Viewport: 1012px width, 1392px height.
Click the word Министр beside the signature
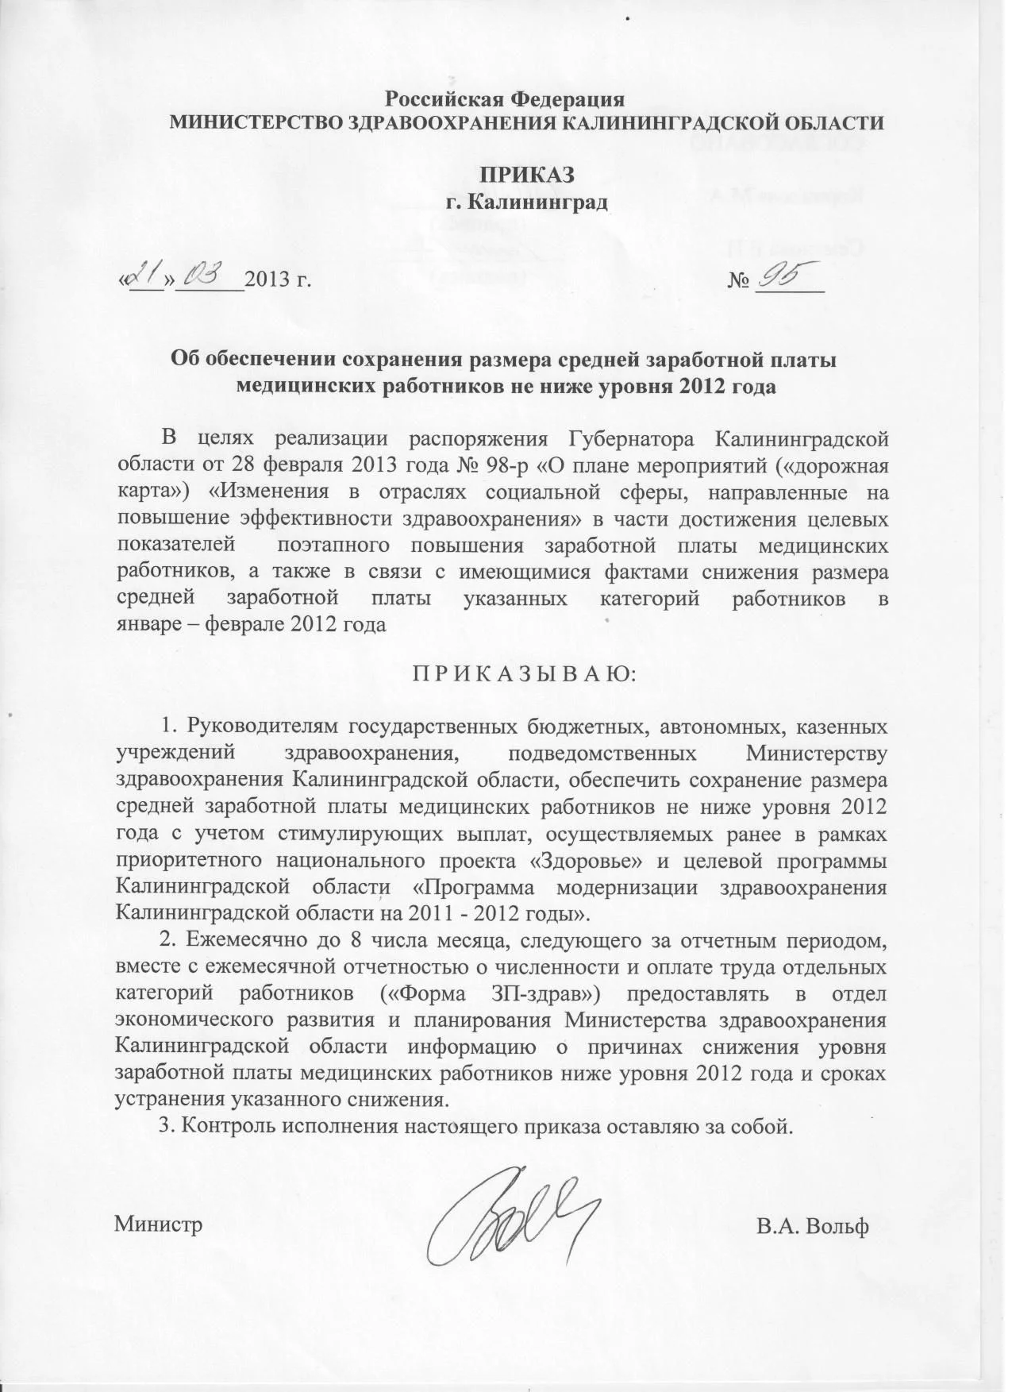point(159,1224)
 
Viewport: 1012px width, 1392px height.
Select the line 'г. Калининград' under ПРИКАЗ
point(526,202)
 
